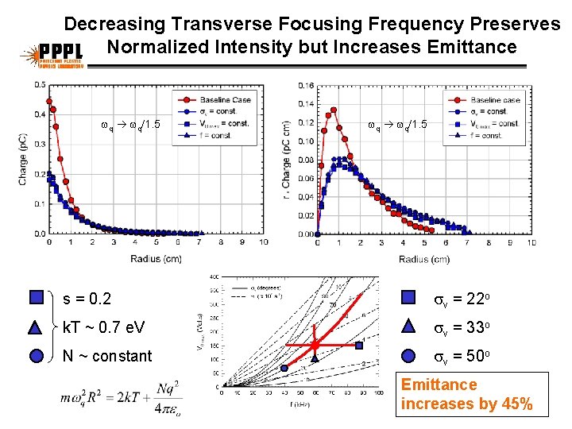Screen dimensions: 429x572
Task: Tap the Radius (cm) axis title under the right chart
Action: click(423, 259)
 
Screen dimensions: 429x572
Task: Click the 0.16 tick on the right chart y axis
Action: click(305, 86)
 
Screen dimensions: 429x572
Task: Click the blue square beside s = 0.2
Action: click(36, 298)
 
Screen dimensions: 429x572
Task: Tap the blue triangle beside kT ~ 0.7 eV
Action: click(36, 326)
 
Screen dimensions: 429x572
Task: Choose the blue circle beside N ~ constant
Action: click(36, 355)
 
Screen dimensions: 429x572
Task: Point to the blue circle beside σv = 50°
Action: click(408, 355)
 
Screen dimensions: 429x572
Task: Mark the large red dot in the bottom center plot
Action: click(315, 345)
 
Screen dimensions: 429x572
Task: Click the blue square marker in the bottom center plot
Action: click(359, 346)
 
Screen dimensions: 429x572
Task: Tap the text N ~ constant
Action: click(106, 356)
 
